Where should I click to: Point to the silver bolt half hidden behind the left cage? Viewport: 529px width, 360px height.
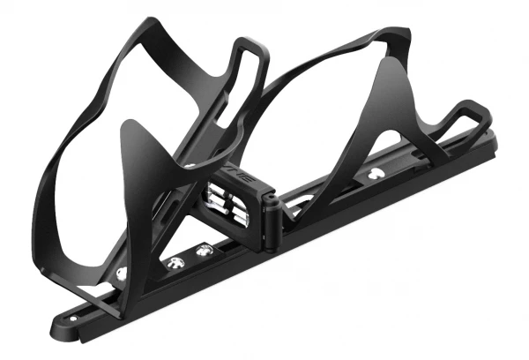tap(121, 273)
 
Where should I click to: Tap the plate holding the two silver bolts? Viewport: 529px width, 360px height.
tap(189, 257)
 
